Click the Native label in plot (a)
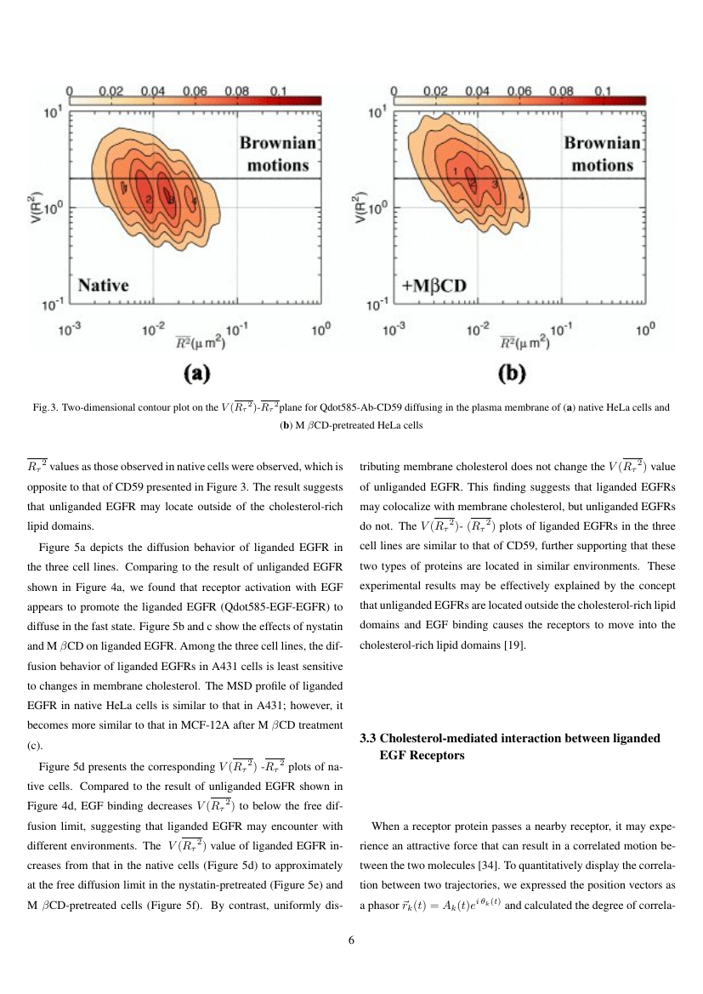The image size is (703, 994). pos(104,285)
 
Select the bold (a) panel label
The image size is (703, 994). pos(198,372)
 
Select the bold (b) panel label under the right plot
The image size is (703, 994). pos(516,372)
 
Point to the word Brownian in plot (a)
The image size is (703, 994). pos(278,145)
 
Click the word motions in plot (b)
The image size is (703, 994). pos(602,165)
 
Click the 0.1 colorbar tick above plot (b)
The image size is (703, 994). pos(603,90)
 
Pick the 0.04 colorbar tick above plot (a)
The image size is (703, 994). pos(153,89)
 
